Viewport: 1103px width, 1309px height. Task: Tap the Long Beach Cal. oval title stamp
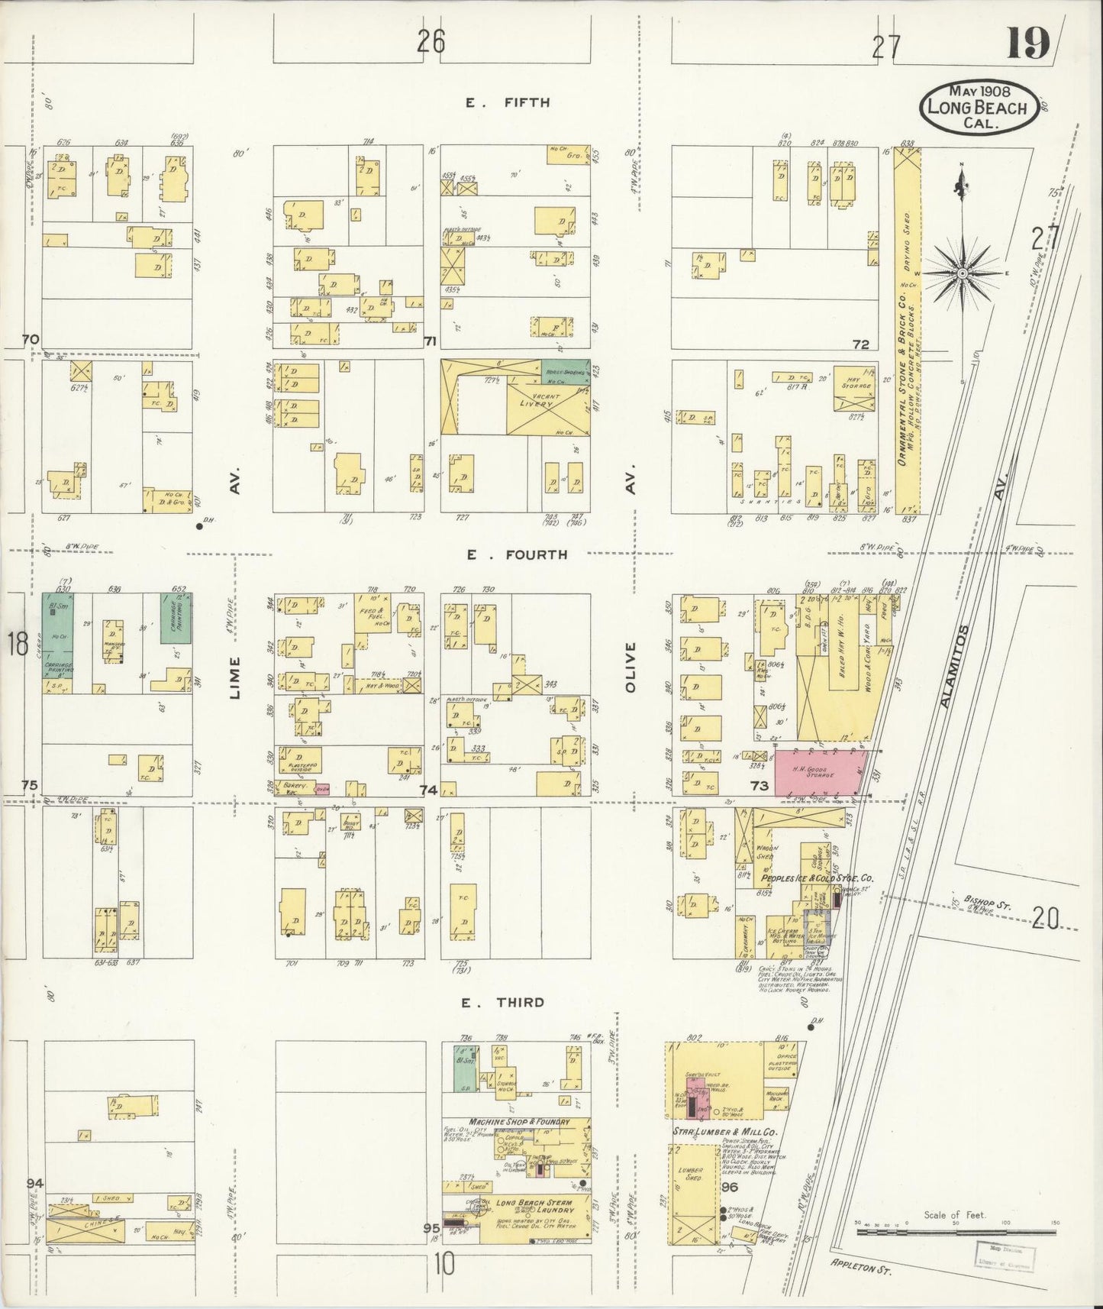coord(977,108)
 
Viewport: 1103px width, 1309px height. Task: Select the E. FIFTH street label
coord(508,102)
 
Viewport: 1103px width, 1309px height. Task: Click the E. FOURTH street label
coord(517,554)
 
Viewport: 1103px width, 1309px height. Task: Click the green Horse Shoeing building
coord(566,370)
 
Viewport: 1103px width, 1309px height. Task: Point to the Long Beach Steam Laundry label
coord(534,1204)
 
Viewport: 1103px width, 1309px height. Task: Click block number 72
coord(861,344)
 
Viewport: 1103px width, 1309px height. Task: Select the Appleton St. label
coord(861,1269)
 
